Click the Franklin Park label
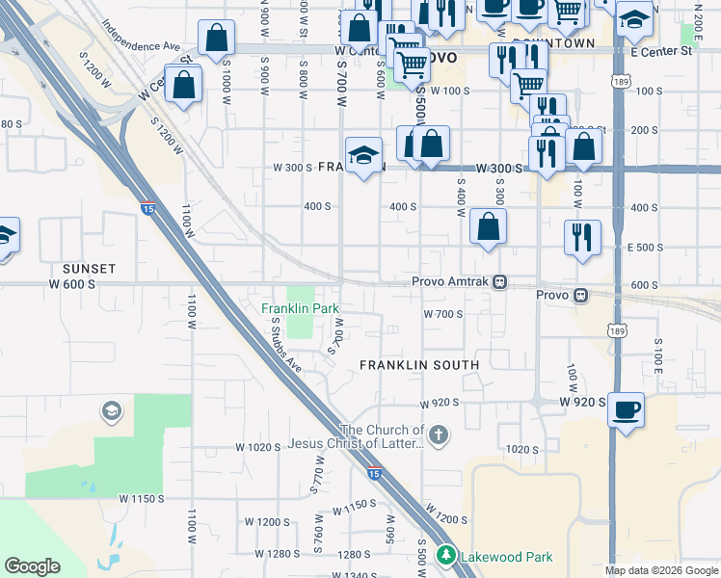click(x=301, y=308)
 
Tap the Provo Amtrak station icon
click(x=500, y=282)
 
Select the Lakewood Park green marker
click(x=445, y=555)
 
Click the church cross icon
click(x=439, y=434)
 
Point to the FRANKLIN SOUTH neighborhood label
click(x=419, y=365)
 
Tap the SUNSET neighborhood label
click(x=89, y=269)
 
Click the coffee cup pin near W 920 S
click(x=626, y=409)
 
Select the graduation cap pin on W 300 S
click(x=362, y=157)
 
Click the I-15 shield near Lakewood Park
click(x=373, y=472)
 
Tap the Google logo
click(x=32, y=566)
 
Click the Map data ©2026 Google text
click(x=662, y=570)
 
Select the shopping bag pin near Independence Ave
click(x=217, y=39)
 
